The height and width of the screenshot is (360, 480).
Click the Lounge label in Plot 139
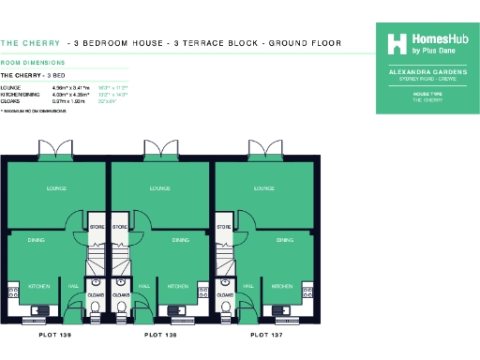pos(56,188)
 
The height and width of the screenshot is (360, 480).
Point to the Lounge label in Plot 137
pos(264,188)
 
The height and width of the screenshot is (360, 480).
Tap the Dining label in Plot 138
pos(181,241)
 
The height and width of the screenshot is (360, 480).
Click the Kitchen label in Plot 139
pos(38,286)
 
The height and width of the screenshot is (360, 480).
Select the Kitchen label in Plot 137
pos(282,286)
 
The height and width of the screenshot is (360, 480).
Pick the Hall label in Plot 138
pos(144,286)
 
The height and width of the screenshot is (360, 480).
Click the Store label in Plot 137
pos(224,227)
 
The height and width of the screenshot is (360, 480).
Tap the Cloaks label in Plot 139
pos(96,293)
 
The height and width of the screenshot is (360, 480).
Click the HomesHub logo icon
pos(397,43)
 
